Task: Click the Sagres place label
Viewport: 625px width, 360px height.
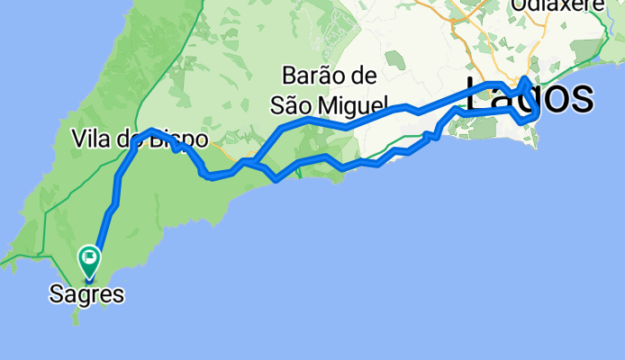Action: point(87,292)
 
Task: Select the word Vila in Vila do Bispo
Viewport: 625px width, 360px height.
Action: point(90,139)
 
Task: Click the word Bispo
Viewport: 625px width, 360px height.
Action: point(185,139)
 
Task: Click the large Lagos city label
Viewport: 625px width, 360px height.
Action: point(530,96)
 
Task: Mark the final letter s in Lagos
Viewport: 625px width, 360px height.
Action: point(583,96)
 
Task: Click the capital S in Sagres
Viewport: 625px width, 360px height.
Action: point(57,292)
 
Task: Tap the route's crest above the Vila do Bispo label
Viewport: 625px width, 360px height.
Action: point(150,130)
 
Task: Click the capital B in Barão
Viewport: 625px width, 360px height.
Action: point(288,75)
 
